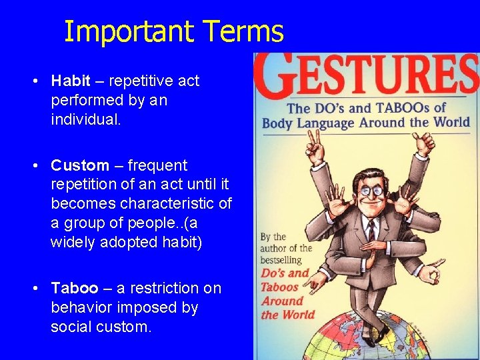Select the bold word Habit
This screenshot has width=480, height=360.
(71, 81)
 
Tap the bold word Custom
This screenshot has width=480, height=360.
(80, 165)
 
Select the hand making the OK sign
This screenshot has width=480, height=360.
(434, 272)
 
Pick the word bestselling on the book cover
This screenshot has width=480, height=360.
(281, 259)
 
